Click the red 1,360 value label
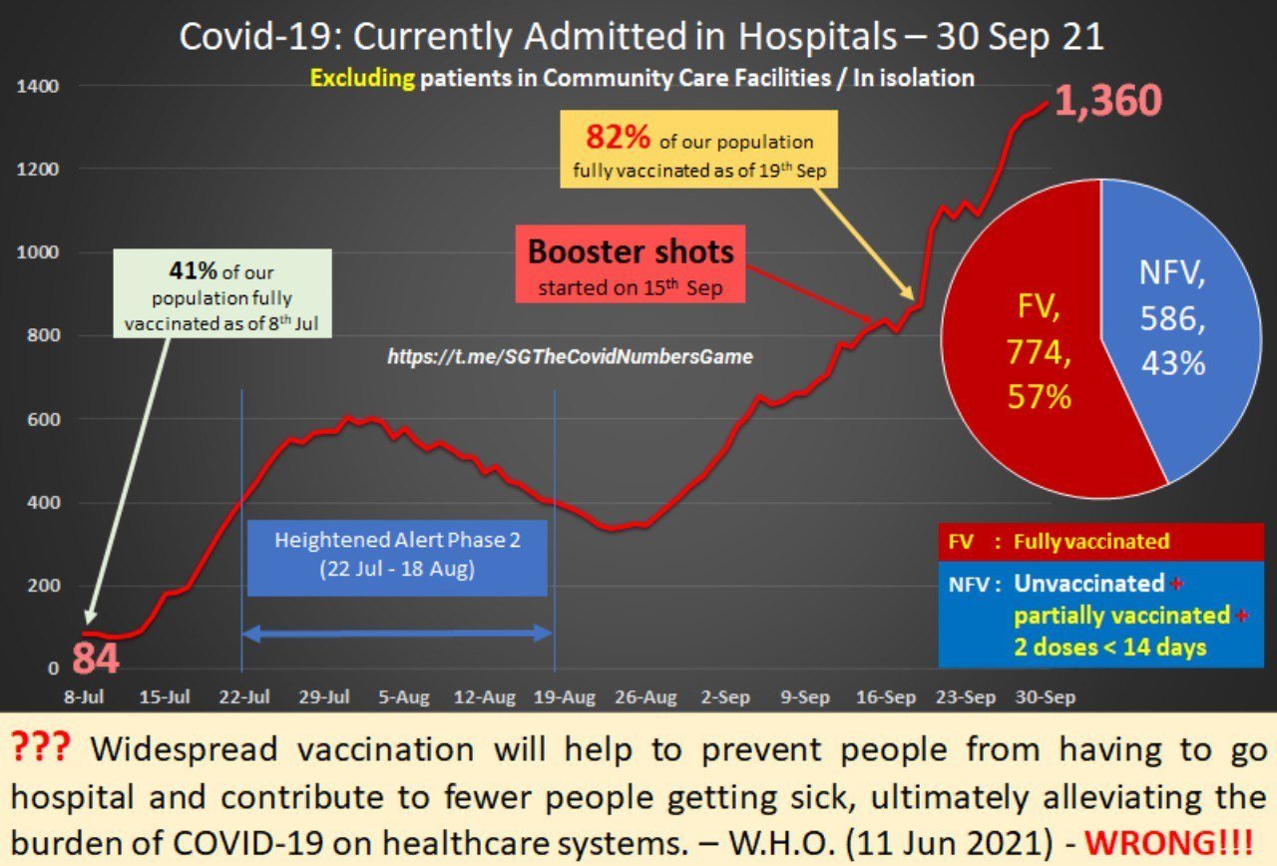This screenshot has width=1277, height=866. pos(1107,102)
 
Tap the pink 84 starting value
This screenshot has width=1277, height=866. pos(95,660)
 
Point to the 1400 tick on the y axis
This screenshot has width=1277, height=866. pos(39,87)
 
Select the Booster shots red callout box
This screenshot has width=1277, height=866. pos(631,264)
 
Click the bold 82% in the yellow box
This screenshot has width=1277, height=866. pos(618,138)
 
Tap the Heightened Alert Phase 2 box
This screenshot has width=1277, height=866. pos(397,557)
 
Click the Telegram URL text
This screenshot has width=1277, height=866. pos(570,355)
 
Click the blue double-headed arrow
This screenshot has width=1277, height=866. pos(397,633)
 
